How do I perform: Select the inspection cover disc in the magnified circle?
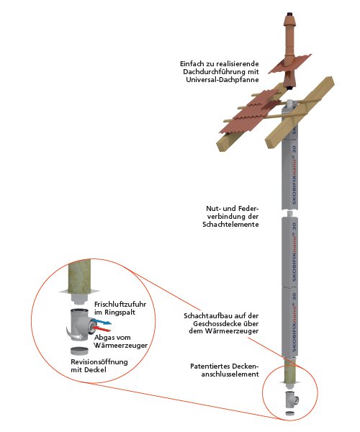[79, 351]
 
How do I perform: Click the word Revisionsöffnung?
[99, 361]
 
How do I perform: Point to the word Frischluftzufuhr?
[120, 305]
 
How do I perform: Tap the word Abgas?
[104, 338]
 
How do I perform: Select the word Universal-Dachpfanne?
[222, 80]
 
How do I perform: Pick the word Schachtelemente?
[231, 224]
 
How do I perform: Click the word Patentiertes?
[210, 366]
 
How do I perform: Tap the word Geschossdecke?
[219, 323]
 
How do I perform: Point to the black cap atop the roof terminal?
[289, 14]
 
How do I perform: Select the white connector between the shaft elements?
[289, 214]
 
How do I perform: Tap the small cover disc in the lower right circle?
[289, 413]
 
